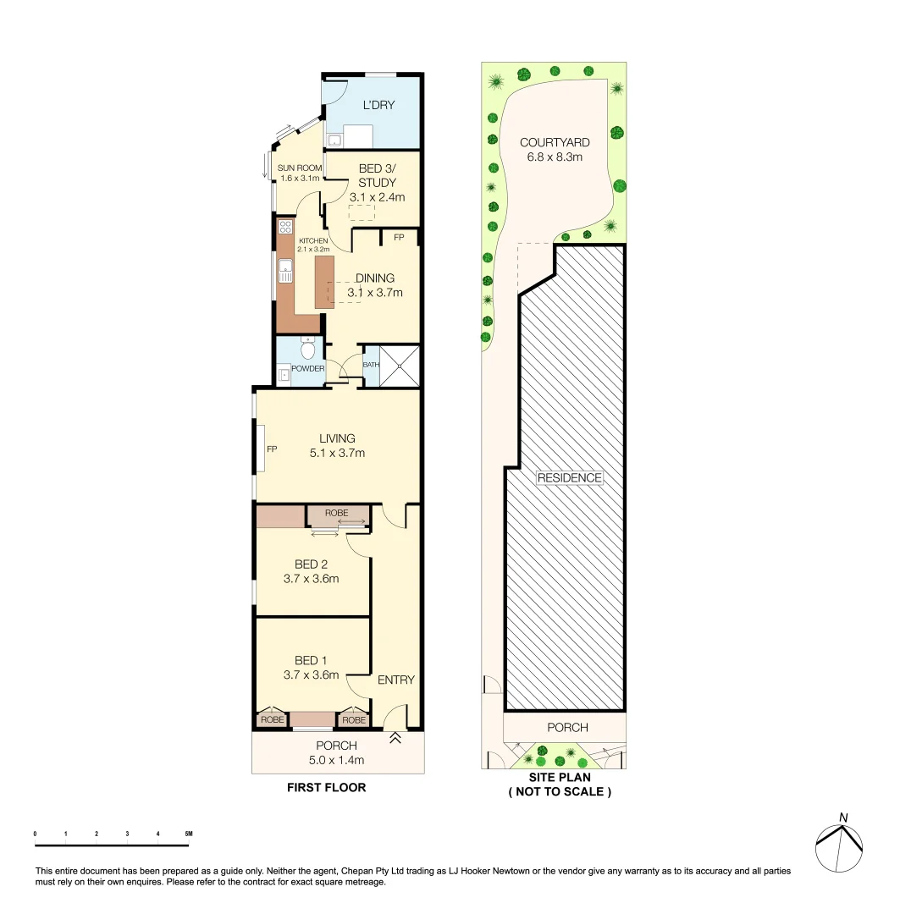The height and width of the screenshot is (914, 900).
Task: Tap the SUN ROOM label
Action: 299,168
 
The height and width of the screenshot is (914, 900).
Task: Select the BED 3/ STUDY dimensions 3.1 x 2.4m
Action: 377,197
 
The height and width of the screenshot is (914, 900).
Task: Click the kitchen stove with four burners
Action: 285,227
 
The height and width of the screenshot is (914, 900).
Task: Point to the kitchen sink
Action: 285,272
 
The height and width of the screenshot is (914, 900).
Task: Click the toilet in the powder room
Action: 309,349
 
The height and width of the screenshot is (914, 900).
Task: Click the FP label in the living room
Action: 272,449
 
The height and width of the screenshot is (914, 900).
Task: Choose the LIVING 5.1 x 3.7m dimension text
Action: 337,453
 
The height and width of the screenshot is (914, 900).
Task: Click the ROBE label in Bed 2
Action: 337,513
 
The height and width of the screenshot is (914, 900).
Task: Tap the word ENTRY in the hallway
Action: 395,680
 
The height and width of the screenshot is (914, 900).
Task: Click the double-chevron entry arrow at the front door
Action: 395,739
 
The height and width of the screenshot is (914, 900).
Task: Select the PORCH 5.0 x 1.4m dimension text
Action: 337,760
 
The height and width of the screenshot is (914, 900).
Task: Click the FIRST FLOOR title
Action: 326,787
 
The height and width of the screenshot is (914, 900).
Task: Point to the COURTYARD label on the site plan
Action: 555,142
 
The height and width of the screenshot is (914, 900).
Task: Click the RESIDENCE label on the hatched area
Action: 570,477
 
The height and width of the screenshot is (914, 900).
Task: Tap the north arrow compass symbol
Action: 839,841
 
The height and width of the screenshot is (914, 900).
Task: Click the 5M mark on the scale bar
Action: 188,834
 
